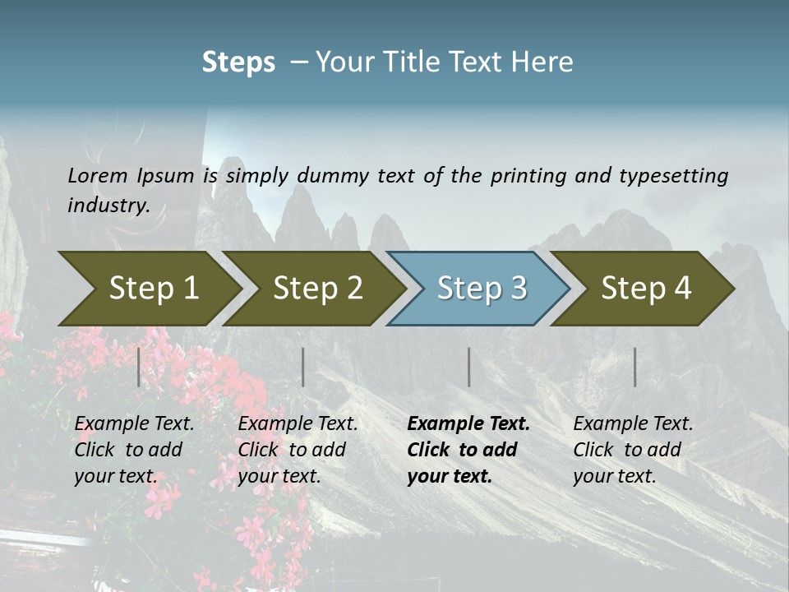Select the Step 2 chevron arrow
317,288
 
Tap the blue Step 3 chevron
482,288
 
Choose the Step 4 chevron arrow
646,288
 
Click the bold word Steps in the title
238,62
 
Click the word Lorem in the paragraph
98,175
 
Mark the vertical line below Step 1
139,367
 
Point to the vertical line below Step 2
303,367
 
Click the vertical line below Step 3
468,367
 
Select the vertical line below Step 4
634,367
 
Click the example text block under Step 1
134,450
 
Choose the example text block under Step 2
298,450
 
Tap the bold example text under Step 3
468,450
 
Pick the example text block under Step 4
633,450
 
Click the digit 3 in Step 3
518,288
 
